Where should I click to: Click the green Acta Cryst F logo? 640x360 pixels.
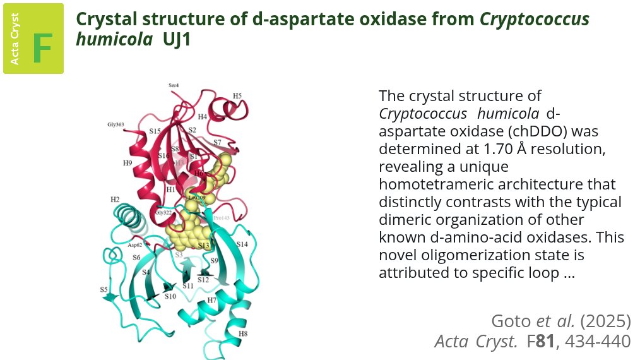pos(33,39)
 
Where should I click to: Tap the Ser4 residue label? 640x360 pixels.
pos(174,85)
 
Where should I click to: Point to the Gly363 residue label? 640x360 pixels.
pos(115,124)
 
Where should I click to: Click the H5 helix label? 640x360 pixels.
pos(237,96)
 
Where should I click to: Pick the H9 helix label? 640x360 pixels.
pos(127,163)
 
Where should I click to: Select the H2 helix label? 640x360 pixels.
pos(115,200)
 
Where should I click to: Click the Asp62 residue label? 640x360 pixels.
pos(135,244)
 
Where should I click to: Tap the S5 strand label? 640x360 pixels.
pos(104,289)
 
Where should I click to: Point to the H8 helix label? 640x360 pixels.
pos(243,333)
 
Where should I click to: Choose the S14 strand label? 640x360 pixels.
pos(242,244)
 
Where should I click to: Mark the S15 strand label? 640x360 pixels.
pos(155,131)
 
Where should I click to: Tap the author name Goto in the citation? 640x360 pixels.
pos(509,321)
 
